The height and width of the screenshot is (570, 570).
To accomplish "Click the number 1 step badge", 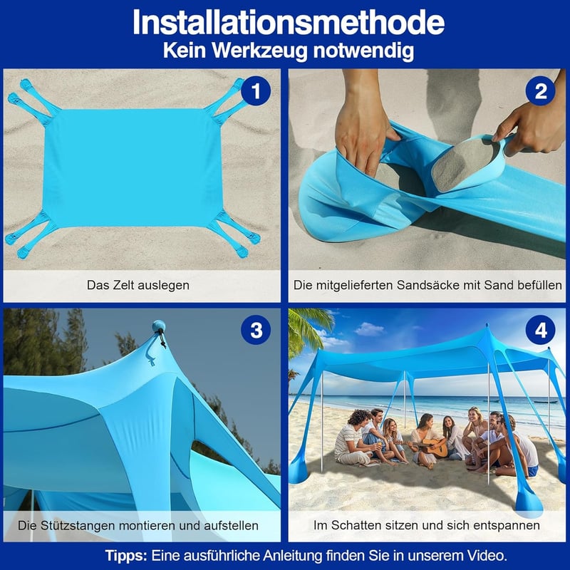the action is [x=256, y=91].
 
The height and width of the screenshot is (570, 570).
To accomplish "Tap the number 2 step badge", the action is [x=541, y=91].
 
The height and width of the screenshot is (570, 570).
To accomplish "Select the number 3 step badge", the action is [x=256, y=330].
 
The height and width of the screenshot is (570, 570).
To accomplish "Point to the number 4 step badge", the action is [x=541, y=330].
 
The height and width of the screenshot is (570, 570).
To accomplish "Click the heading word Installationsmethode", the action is [x=289, y=23].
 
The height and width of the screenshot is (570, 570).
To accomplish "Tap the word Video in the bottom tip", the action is [x=487, y=556].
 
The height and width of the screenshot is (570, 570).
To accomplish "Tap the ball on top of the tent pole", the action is [x=159, y=326].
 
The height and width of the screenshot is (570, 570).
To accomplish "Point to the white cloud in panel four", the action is [x=369, y=329].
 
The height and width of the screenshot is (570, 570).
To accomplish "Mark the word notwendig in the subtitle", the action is [x=363, y=51].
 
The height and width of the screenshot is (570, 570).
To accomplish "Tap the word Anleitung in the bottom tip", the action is [x=293, y=556].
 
